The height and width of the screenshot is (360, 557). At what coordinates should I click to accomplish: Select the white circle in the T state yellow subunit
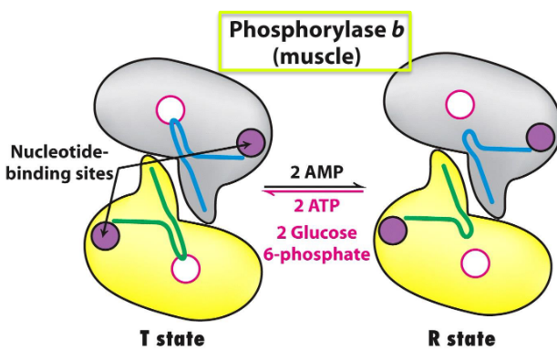click(x=185, y=270)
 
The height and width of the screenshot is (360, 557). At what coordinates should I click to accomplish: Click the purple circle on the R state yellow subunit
click(x=394, y=230)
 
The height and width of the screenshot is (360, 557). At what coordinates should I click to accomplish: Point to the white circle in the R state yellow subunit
click(x=475, y=263)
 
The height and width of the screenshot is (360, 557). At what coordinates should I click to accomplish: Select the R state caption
click(x=461, y=339)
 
